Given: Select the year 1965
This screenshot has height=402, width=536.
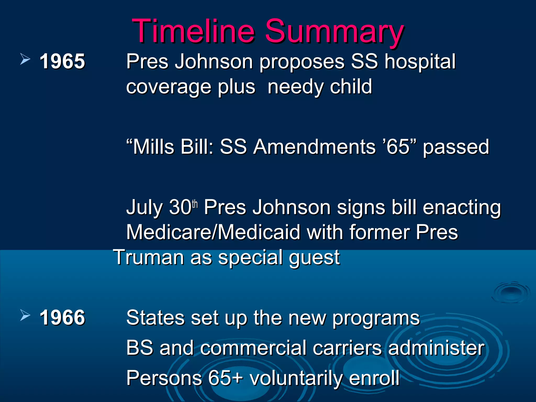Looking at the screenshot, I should click(x=62, y=61).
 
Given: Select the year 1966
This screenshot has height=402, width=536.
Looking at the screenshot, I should click(x=62, y=317).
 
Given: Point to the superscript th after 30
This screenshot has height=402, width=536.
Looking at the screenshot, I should click(x=195, y=204).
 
